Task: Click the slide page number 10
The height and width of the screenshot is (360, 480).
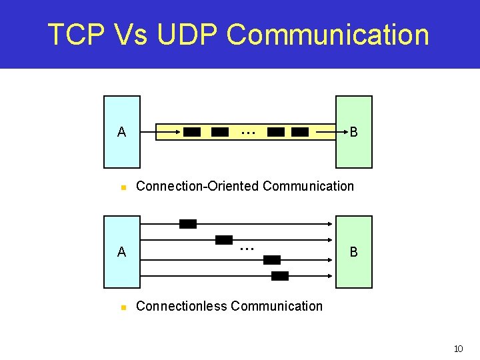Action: tap(458, 349)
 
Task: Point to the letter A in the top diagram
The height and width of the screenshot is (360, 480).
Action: tap(121, 132)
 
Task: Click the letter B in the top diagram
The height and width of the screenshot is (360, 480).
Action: tap(353, 132)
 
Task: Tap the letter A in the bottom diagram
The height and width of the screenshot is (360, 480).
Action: tap(121, 252)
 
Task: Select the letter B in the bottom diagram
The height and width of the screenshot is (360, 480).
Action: tap(353, 252)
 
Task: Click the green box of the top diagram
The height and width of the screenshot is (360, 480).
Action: tap(353, 113)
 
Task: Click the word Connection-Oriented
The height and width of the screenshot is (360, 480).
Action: tap(197, 186)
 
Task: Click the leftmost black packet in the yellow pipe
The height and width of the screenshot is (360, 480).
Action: tap(192, 132)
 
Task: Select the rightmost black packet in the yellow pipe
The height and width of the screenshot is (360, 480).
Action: tap(300, 132)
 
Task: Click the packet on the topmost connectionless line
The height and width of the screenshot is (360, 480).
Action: tap(188, 224)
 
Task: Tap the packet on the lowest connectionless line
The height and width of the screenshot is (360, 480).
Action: tap(280, 276)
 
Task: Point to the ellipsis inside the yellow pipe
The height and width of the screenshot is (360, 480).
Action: tap(248, 132)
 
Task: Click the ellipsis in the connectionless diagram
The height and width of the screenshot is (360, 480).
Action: tap(247, 248)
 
